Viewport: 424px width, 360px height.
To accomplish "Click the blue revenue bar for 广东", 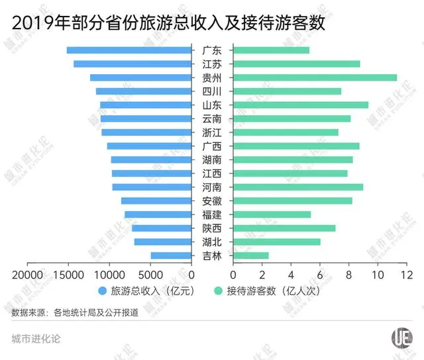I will tap(129, 50).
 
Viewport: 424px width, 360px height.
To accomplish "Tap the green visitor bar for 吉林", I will tap(250, 255).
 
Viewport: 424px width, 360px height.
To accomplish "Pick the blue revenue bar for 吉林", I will tap(171, 255).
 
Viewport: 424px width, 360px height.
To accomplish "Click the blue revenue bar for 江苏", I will tap(132, 64).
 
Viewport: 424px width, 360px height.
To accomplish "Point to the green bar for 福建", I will tap(272, 214).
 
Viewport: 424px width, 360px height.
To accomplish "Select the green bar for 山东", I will tap(300, 105).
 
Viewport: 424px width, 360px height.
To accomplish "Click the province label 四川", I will tap(212, 91).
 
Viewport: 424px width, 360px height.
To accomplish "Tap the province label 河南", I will tap(212, 187).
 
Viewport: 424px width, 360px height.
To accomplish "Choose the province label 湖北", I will tap(212, 242).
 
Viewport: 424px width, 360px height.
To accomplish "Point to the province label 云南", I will tap(212, 119).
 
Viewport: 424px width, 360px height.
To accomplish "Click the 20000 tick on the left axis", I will tap(27, 274).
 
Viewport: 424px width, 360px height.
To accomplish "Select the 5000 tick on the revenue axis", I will tap(150, 274).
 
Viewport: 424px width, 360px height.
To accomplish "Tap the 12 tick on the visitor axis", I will tap(407, 274).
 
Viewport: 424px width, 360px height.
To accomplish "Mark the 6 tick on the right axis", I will tap(320, 274).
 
